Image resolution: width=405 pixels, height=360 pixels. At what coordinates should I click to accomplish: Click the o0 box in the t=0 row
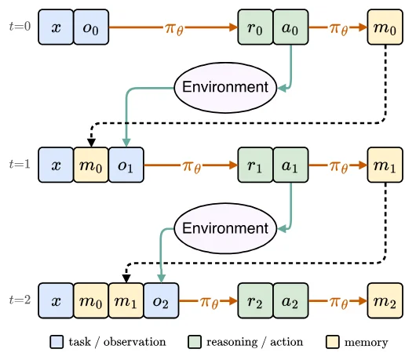click(91, 27)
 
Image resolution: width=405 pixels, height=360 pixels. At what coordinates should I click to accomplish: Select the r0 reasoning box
click(255, 27)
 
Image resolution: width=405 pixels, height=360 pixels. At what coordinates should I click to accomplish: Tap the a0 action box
click(290, 27)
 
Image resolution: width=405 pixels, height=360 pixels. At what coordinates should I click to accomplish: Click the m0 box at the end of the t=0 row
click(385, 27)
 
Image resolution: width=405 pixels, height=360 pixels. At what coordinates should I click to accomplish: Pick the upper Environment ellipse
click(225, 88)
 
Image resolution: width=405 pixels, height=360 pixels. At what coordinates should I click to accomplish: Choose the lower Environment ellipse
click(225, 228)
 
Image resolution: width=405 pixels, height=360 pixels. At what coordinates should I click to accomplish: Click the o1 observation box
click(126, 165)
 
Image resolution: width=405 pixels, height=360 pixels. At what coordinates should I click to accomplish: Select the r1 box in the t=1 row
click(255, 165)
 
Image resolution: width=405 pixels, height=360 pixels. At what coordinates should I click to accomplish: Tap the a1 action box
click(290, 165)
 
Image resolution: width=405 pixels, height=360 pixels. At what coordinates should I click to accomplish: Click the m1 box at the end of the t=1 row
click(385, 165)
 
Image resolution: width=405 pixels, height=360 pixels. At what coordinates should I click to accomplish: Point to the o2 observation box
click(161, 300)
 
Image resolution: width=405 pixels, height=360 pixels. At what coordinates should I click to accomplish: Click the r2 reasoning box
click(255, 300)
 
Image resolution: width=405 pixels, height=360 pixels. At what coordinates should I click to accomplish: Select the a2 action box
click(290, 300)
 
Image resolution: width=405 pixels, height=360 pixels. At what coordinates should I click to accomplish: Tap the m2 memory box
click(385, 300)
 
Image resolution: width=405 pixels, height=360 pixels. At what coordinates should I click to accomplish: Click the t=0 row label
click(20, 26)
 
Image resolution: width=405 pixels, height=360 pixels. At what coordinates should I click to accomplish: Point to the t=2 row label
click(20, 300)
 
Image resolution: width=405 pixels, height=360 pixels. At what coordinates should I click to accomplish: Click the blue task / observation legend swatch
click(57, 342)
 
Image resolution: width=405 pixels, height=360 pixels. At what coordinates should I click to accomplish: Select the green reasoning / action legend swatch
click(195, 342)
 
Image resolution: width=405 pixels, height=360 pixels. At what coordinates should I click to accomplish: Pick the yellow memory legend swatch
click(333, 342)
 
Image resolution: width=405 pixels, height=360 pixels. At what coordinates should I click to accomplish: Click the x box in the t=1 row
click(56, 165)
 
